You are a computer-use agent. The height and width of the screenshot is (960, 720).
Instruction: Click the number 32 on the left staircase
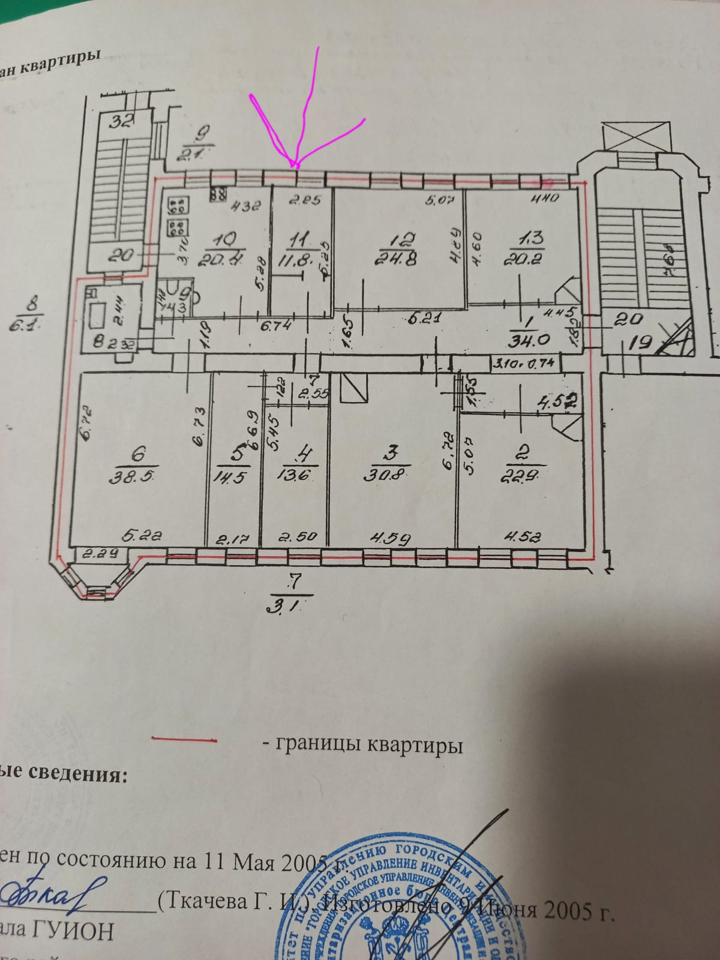point(121,122)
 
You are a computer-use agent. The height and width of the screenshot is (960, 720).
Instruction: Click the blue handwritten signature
point(54,894)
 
